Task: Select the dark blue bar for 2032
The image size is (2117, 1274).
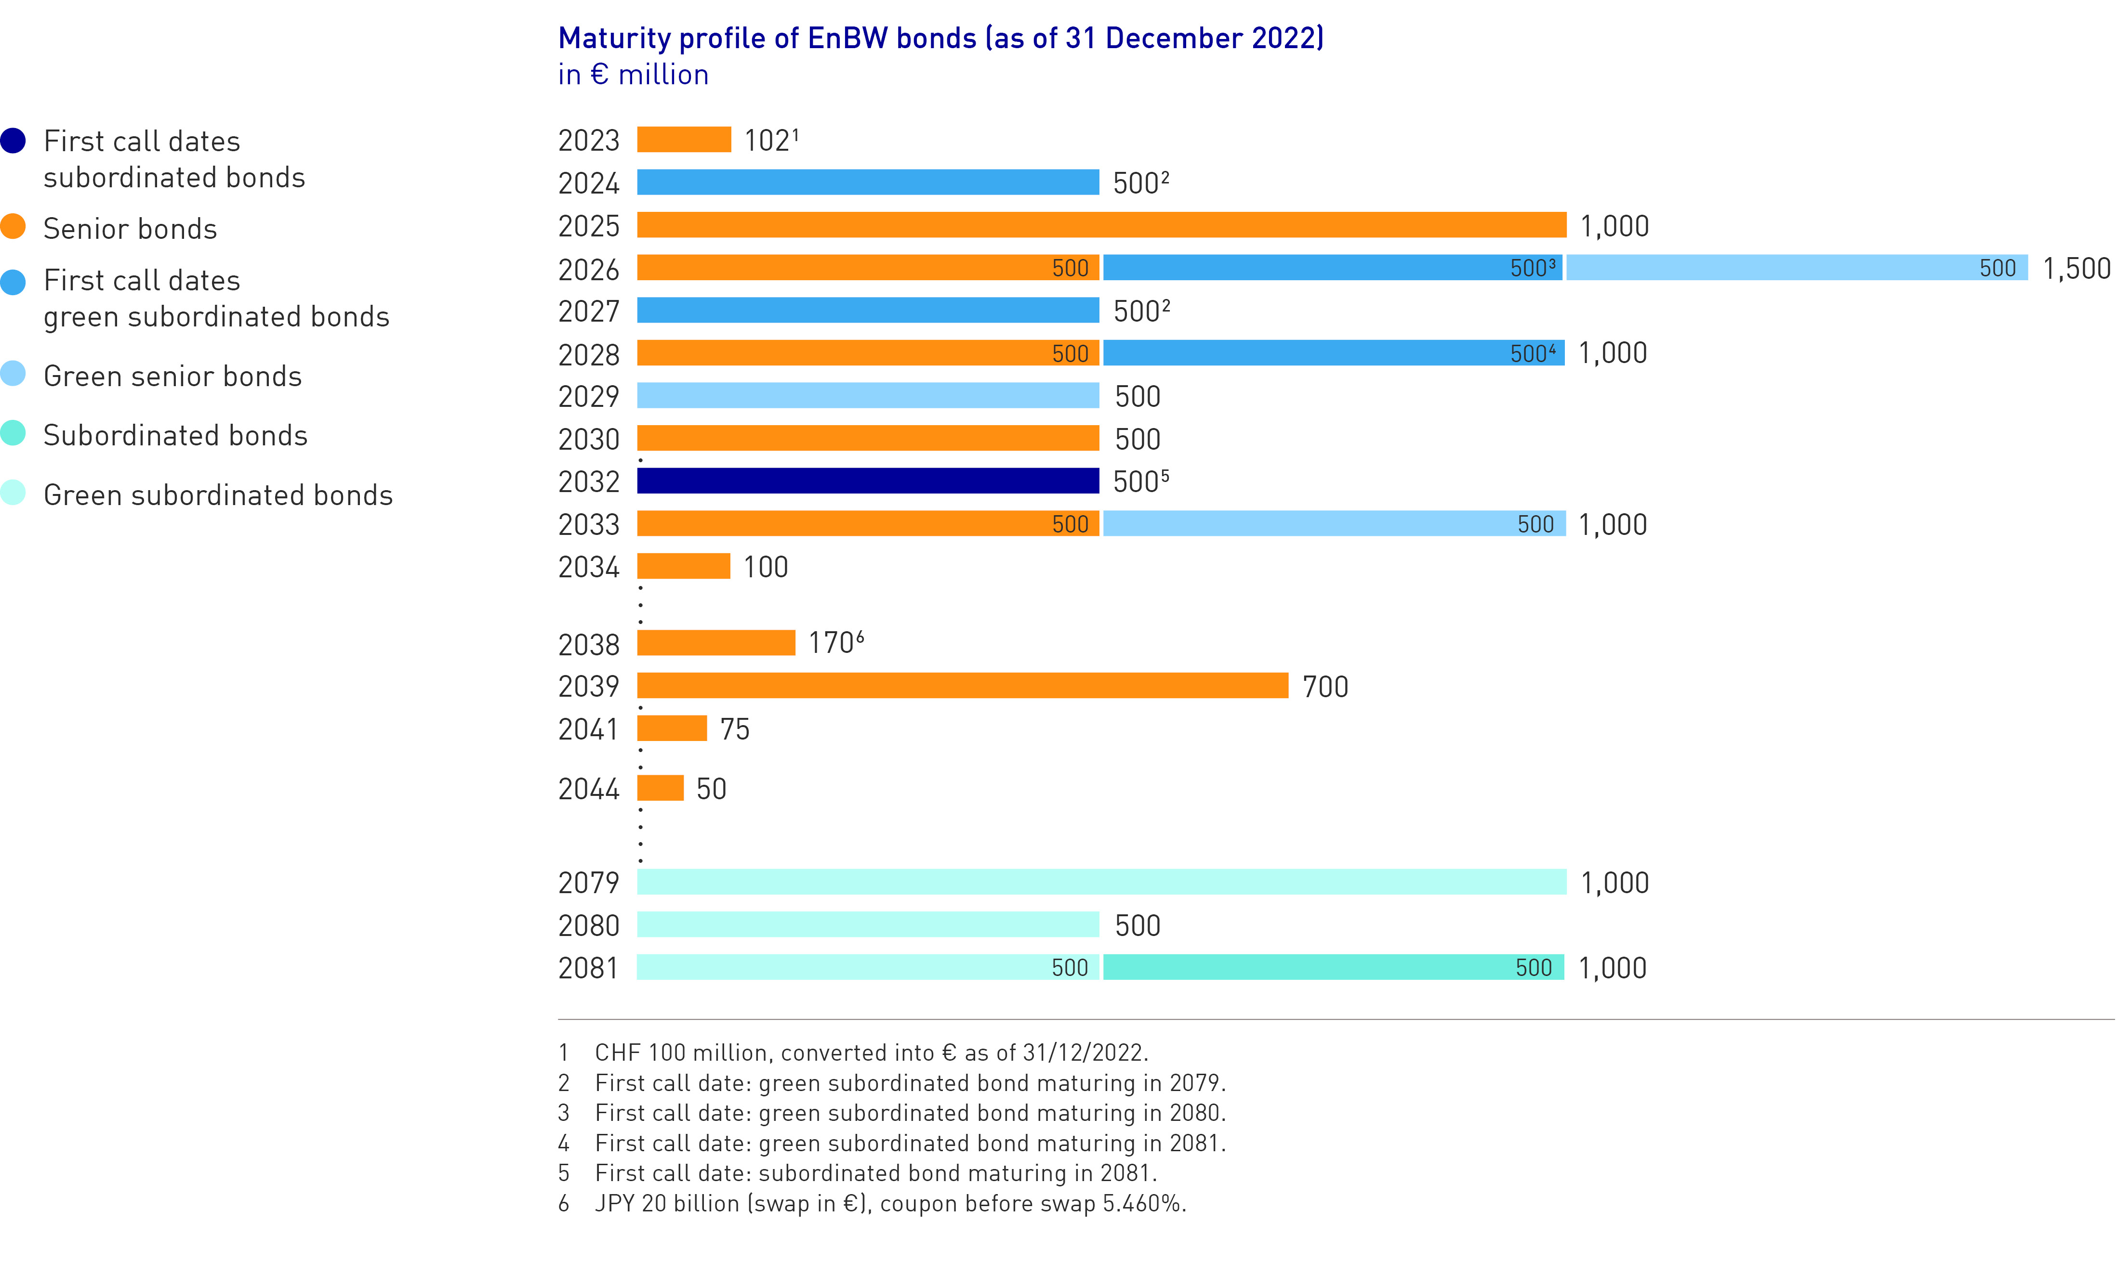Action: [867, 481]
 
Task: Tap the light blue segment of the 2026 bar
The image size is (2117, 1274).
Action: [1795, 268]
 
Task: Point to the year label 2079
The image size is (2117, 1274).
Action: [588, 883]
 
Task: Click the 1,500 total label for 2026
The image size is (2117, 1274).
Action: [2076, 269]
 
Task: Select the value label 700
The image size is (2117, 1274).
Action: [1324, 687]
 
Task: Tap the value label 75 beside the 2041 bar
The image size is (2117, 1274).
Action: [734, 729]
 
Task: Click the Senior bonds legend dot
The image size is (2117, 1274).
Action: [13, 227]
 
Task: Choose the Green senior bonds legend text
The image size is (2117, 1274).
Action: [172, 376]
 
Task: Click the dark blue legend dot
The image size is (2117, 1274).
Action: [13, 140]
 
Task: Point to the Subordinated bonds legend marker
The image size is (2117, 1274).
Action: [13, 433]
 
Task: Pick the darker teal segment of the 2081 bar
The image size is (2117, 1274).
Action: [1333, 967]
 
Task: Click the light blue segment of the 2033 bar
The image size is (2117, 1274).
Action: [1333, 524]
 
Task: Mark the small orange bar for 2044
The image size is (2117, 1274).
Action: [660, 788]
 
